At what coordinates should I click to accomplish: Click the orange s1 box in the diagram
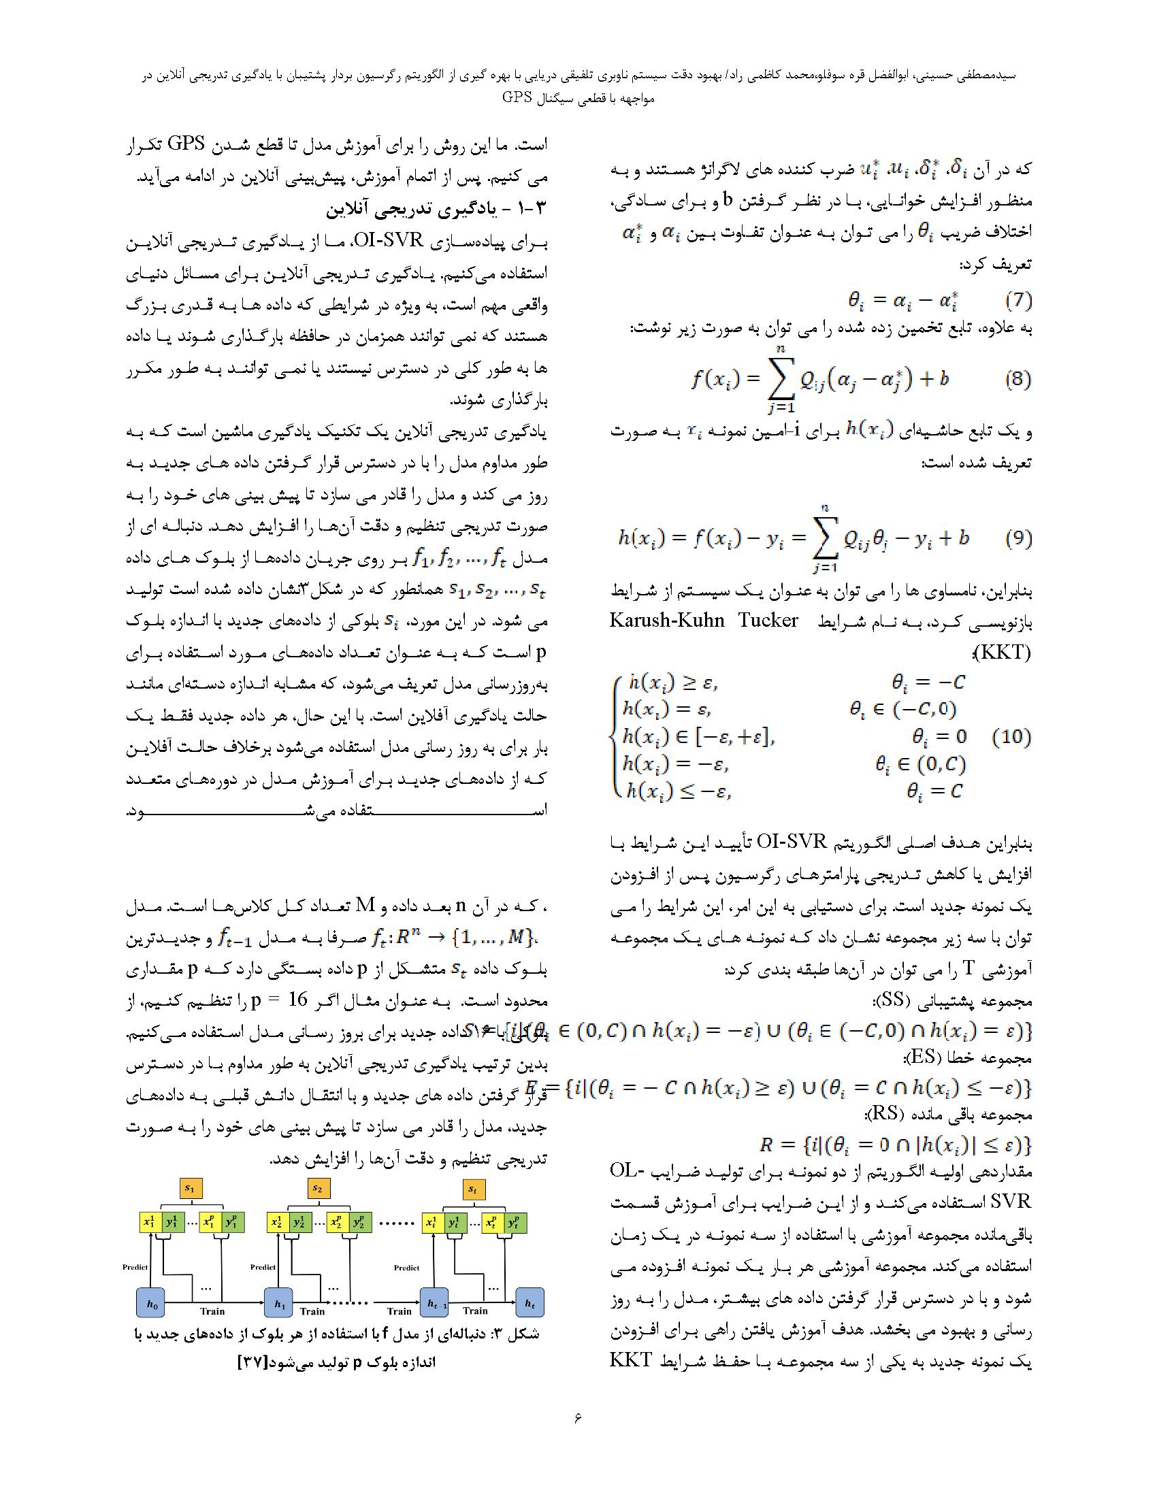(x=190, y=1188)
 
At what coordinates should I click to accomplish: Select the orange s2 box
(x=317, y=1188)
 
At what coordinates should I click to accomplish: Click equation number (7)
(x=1017, y=300)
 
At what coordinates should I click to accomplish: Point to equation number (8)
(x=1017, y=379)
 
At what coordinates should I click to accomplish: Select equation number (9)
(x=1017, y=538)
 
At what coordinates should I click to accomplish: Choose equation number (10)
(x=1011, y=737)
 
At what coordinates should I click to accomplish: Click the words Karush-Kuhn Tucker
(x=703, y=621)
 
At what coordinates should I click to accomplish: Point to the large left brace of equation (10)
(x=613, y=737)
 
